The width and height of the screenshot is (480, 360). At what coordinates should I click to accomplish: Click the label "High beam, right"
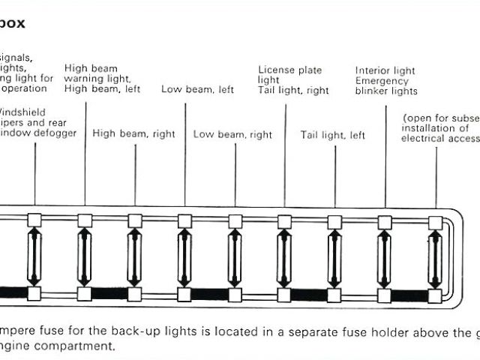pyautogui.click(x=133, y=134)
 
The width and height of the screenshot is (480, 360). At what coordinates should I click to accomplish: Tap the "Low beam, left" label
pyautogui.click(x=197, y=90)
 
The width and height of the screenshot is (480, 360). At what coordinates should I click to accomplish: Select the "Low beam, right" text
pyautogui.click(x=232, y=135)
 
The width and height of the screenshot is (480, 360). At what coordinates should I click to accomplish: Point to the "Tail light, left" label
pyautogui.click(x=333, y=136)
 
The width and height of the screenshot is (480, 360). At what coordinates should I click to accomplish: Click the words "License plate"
pyautogui.click(x=290, y=70)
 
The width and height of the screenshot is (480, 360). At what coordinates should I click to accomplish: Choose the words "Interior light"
pyautogui.click(x=386, y=70)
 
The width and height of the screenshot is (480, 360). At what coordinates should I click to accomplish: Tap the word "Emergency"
pyautogui.click(x=382, y=81)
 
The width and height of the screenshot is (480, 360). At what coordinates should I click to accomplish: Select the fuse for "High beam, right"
pyautogui.click(x=135, y=256)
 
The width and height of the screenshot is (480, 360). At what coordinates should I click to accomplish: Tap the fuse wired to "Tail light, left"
pyautogui.click(x=334, y=256)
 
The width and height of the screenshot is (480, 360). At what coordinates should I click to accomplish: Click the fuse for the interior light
pyautogui.click(x=385, y=256)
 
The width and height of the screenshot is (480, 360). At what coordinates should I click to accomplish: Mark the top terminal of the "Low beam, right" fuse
pyautogui.click(x=235, y=221)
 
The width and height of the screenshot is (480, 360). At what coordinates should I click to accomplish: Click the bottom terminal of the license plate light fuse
pyautogui.click(x=284, y=293)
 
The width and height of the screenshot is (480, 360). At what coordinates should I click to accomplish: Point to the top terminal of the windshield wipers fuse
pyautogui.click(x=34, y=220)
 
